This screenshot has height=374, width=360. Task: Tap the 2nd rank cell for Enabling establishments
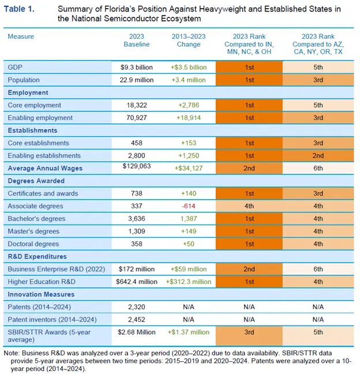pyautogui.click(x=318, y=156)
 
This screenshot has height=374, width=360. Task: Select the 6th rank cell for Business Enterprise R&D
pyautogui.click(x=318, y=269)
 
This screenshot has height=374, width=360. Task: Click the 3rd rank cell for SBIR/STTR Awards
pyautogui.click(x=249, y=332)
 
